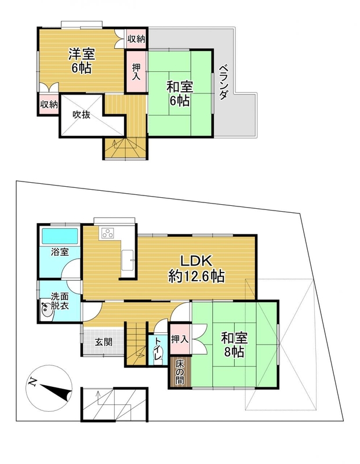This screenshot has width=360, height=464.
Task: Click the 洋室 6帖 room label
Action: click(x=81, y=61)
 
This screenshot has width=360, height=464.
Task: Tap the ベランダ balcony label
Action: click(x=224, y=82)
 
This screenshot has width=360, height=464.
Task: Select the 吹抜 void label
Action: click(x=81, y=114)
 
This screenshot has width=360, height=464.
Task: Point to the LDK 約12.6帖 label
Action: click(x=197, y=269)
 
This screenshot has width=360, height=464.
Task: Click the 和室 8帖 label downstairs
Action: click(x=234, y=345)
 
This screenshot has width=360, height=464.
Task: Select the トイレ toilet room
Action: click(x=157, y=350)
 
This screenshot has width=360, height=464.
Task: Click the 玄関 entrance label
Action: click(x=104, y=342)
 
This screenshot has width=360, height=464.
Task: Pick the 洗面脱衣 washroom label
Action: click(x=60, y=300)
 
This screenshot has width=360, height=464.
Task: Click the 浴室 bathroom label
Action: click(x=60, y=252)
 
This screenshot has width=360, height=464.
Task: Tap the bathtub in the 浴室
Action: click(x=60, y=236)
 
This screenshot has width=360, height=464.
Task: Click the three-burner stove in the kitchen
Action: click(x=107, y=233)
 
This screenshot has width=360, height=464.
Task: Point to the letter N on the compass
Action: click(x=32, y=382)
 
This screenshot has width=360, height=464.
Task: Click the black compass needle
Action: click(x=56, y=391)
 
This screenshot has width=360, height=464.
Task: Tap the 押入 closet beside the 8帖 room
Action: click(x=180, y=339)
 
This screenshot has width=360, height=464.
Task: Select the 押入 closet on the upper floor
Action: click(x=136, y=71)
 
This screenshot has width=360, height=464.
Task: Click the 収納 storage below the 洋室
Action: click(x=49, y=104)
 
